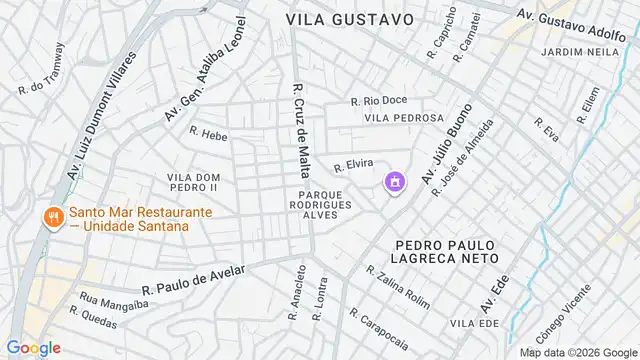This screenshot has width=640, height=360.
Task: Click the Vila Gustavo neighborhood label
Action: coord(349,19)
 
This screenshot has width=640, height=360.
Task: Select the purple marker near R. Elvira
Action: coord(395,182)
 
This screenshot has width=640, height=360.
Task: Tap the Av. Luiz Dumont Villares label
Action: coord(100,119)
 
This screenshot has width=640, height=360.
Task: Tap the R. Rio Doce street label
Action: coord(379,100)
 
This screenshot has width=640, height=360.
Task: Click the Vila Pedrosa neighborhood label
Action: coord(403,118)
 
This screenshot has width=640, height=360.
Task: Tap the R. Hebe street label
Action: coord(209,133)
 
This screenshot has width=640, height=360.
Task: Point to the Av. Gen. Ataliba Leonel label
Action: coord(218,73)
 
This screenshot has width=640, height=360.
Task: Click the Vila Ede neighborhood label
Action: coord(474,323)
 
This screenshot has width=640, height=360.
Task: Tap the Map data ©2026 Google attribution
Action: coord(577,352)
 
